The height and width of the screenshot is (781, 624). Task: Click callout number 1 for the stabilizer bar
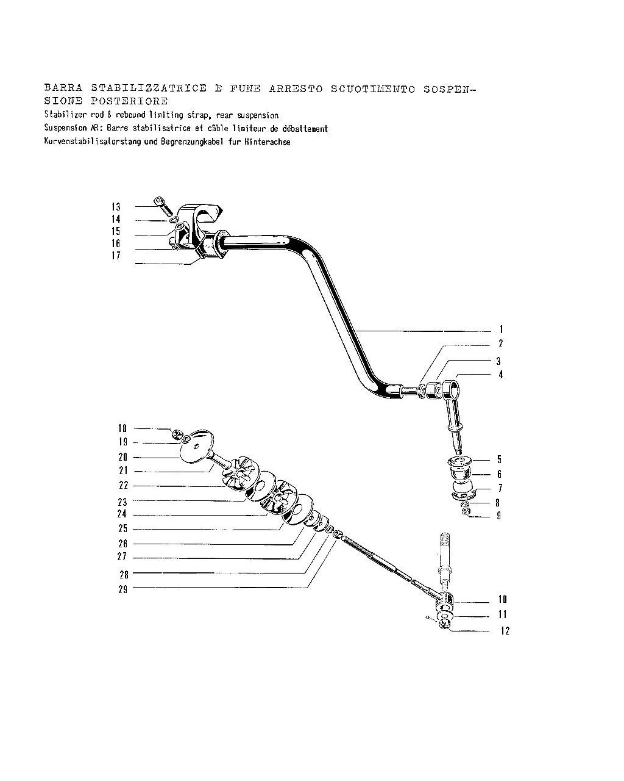tap(501, 329)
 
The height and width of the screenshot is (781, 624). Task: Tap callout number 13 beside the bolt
tap(116, 207)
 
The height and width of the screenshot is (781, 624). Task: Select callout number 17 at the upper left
tap(116, 256)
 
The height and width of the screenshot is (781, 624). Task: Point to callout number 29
tap(123, 589)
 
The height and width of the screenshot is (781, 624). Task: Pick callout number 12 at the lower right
tap(505, 631)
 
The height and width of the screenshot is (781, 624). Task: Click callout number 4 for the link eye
tap(500, 375)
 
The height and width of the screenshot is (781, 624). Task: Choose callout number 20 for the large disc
tap(123, 457)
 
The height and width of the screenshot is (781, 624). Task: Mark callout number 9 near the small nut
tap(499, 516)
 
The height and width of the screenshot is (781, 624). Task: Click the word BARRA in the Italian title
tap(63, 88)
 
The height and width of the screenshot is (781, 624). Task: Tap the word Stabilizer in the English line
tap(66, 115)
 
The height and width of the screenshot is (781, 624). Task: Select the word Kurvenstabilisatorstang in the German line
tap(93, 142)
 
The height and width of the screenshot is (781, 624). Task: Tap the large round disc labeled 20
tap(196, 447)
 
